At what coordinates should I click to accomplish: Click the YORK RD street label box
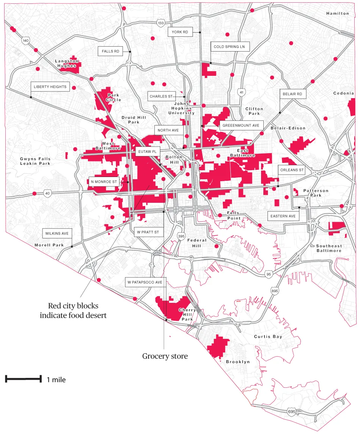(x=180, y=32)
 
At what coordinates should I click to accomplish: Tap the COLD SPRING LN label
(x=229, y=47)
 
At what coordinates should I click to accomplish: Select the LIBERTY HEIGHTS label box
(x=50, y=87)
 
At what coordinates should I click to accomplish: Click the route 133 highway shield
(x=161, y=23)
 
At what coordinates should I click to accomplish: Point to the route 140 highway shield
(x=26, y=40)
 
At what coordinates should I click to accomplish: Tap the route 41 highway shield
(x=241, y=92)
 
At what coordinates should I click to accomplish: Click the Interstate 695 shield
(x=291, y=412)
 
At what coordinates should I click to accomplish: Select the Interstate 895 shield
(x=274, y=290)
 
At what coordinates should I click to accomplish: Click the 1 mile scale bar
(x=23, y=378)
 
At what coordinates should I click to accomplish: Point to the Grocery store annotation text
(x=165, y=356)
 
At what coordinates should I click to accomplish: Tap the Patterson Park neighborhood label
(x=316, y=193)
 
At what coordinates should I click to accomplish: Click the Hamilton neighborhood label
(x=337, y=13)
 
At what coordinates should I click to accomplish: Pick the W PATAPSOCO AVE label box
(x=144, y=282)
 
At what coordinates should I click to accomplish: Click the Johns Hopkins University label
(x=184, y=108)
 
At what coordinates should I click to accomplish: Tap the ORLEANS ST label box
(x=291, y=170)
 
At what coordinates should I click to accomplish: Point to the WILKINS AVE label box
(x=57, y=233)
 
